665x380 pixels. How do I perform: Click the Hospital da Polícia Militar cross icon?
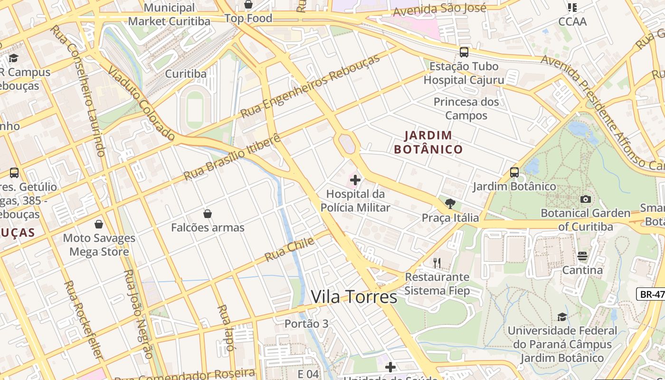pos(355,180)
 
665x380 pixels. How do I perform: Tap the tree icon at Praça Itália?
pos(450,204)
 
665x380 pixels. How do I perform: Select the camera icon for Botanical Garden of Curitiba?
pos(586,199)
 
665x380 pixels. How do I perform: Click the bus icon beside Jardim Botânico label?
pos(514,172)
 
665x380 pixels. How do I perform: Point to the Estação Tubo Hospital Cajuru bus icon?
pos(464,52)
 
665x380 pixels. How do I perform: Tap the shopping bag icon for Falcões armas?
pos(207,214)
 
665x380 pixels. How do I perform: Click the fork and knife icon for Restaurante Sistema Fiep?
pos(437,263)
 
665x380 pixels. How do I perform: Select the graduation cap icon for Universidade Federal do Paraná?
pos(562,317)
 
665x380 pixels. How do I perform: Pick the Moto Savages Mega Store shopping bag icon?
pos(99,224)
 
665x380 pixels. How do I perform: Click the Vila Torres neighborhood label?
pos(354,297)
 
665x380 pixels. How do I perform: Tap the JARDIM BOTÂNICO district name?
pos(428,142)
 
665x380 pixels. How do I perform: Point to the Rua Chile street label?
pos(289,249)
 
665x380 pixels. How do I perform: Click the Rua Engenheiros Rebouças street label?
pos(311,86)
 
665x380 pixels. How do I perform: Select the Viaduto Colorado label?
pos(142,103)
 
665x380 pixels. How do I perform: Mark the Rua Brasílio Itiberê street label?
pos(232,157)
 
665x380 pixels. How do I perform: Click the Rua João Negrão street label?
pos(138,314)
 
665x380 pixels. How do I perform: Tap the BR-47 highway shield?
pos(651,294)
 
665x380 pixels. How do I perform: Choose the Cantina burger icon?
pos(582,256)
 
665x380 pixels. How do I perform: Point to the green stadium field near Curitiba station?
pos(195,110)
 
